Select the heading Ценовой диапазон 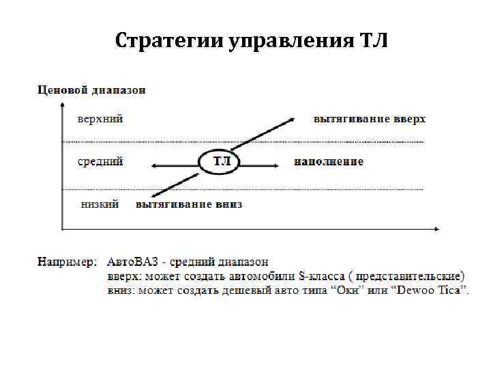pyautogui.click(x=91, y=90)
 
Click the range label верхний pyautogui.click(x=100, y=118)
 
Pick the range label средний pyautogui.click(x=100, y=162)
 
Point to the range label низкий pyautogui.click(x=100, y=204)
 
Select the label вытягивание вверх pyautogui.click(x=370, y=119)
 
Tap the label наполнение pyautogui.click(x=329, y=162)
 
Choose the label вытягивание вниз pyautogui.click(x=189, y=204)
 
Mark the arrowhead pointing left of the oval pyautogui.click(x=155, y=164)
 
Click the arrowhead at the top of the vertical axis pyautogui.click(x=63, y=105)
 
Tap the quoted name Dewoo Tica pyautogui.click(x=432, y=290)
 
